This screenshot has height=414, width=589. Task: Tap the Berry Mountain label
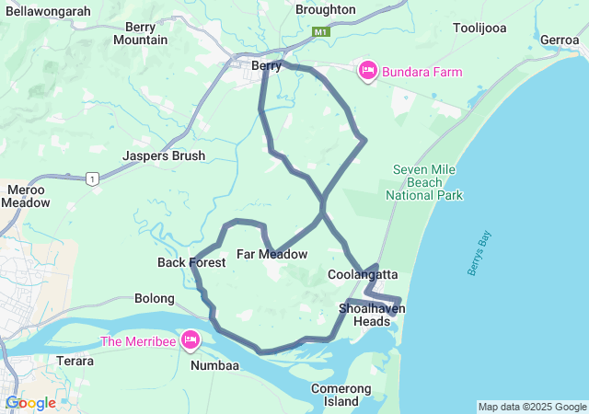click(140, 34)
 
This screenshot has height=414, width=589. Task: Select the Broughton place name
click(325, 9)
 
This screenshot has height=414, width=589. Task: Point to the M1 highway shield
click(320, 32)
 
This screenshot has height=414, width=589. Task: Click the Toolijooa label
click(479, 28)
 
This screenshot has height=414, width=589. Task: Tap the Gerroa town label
click(560, 40)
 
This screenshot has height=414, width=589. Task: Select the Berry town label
click(266, 65)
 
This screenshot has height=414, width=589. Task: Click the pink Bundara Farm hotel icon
click(367, 71)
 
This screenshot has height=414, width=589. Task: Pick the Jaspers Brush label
click(164, 156)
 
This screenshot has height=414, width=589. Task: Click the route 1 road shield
click(92, 178)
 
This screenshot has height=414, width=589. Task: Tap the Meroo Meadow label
click(26, 196)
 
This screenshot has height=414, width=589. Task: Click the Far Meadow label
click(271, 254)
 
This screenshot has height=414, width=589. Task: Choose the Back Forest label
click(191, 263)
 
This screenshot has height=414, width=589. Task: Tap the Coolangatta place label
click(363, 274)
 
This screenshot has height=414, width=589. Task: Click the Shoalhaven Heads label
click(372, 315)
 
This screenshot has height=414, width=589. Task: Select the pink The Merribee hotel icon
click(191, 340)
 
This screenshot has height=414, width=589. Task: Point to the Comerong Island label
click(341, 395)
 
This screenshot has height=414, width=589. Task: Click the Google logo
click(29, 403)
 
